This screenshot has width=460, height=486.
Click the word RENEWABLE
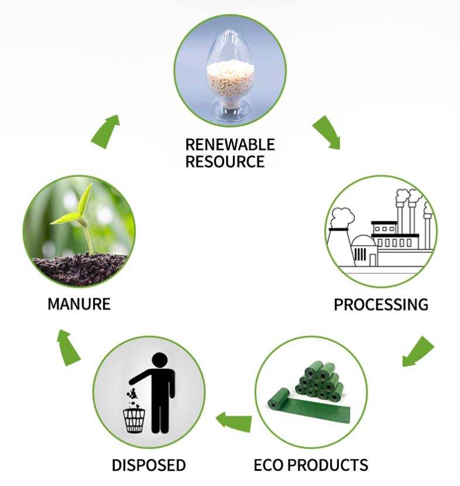230,144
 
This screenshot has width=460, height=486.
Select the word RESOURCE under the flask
225,161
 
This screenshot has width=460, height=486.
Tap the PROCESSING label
381,304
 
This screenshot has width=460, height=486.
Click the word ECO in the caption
268,465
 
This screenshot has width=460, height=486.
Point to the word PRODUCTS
328,465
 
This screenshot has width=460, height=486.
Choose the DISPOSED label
149,465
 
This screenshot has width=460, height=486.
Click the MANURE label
79,304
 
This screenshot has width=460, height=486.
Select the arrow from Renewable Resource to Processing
328,132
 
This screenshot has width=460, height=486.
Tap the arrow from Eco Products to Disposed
234,422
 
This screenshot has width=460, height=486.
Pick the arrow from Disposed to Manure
68,348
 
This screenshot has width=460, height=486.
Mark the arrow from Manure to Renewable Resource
105,132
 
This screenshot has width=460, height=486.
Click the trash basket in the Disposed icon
134,421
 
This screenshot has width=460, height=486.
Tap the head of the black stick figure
160,360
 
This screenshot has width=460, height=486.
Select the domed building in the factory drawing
364,250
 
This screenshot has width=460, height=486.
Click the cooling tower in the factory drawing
341,246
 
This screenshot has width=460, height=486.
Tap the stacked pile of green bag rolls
320,381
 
